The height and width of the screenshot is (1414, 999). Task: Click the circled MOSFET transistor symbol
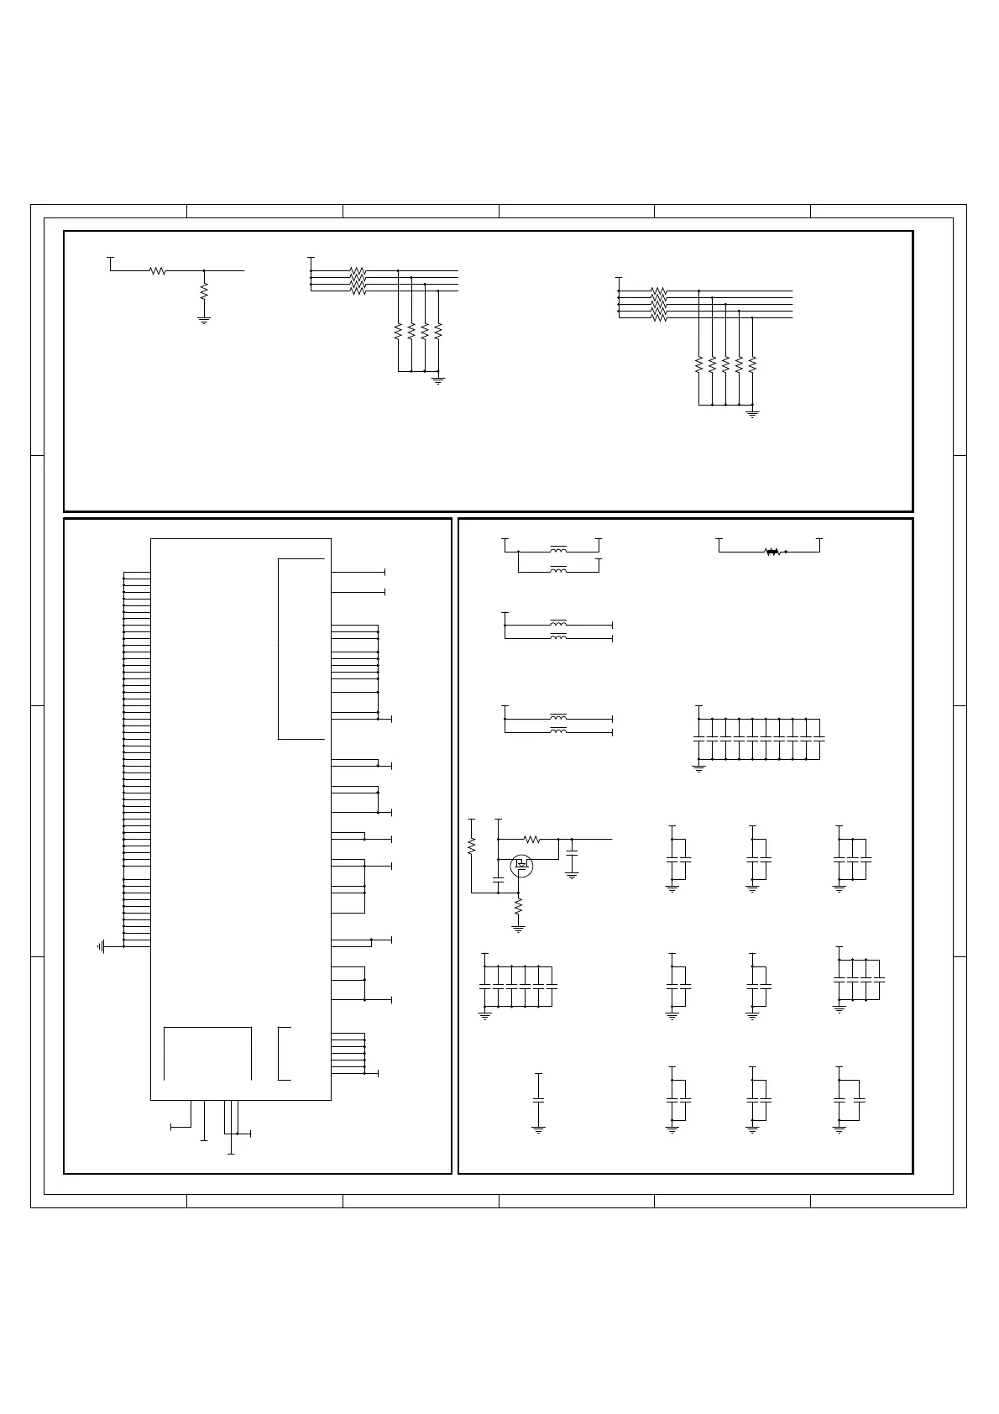pyautogui.click(x=521, y=866)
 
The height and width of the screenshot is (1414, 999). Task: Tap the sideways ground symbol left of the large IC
pyautogui.click(x=101, y=946)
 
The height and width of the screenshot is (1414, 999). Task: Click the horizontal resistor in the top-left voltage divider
pyautogui.click(x=157, y=270)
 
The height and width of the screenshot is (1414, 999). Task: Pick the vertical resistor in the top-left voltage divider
pyautogui.click(x=204, y=292)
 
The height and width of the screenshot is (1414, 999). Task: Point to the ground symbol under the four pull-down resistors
pyautogui.click(x=437, y=380)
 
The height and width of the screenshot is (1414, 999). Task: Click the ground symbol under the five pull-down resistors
pyautogui.click(x=753, y=414)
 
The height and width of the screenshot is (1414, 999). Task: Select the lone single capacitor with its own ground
pyautogui.click(x=538, y=1100)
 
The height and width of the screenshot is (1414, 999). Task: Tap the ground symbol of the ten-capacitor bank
pyautogui.click(x=698, y=767)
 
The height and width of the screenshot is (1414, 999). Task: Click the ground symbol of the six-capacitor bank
pyautogui.click(x=484, y=1015)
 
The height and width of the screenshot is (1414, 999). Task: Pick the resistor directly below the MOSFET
pyautogui.click(x=518, y=907)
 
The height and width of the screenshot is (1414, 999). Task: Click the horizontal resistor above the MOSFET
pyautogui.click(x=531, y=839)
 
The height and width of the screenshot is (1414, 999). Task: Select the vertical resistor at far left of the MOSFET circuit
pyautogui.click(x=471, y=845)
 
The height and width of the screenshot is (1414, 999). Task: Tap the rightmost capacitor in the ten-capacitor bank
pyautogui.click(x=819, y=738)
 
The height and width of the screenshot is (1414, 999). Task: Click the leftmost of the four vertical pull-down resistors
pyautogui.click(x=398, y=332)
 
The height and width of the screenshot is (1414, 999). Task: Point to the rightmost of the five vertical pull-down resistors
pyautogui.click(x=752, y=365)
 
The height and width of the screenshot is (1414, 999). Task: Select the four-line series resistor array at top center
pyautogui.click(x=358, y=280)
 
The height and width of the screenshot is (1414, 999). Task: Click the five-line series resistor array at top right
pyautogui.click(x=658, y=304)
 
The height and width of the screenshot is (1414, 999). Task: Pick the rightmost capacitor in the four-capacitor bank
pyautogui.click(x=879, y=979)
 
